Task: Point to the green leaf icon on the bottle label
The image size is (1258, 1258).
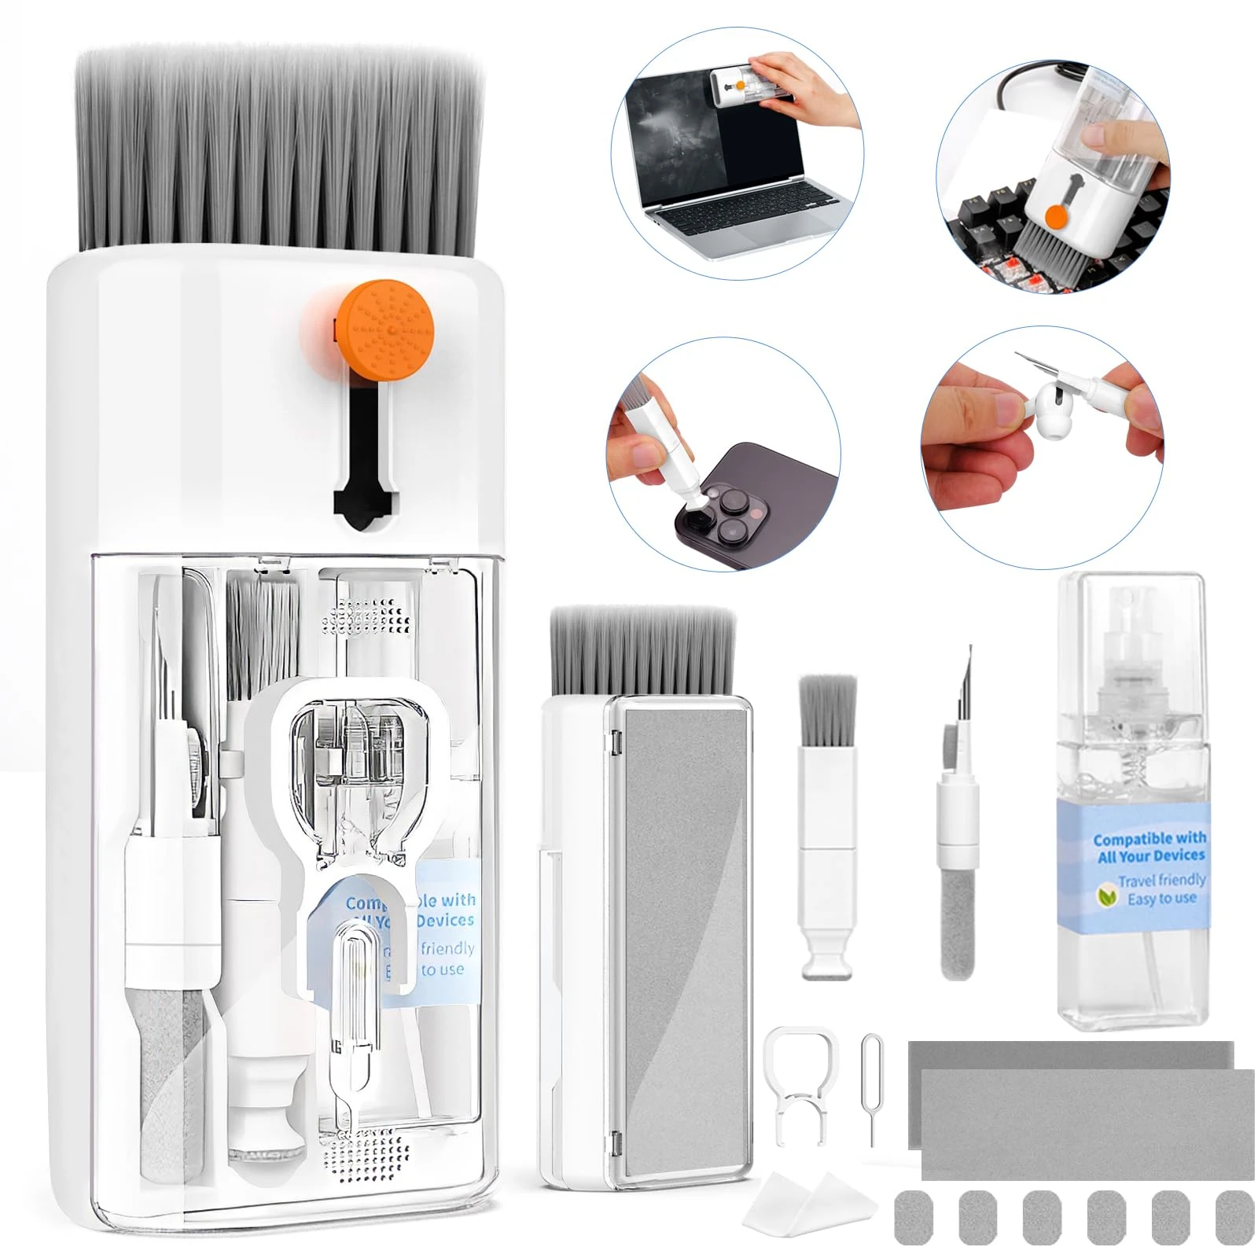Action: tap(1107, 891)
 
